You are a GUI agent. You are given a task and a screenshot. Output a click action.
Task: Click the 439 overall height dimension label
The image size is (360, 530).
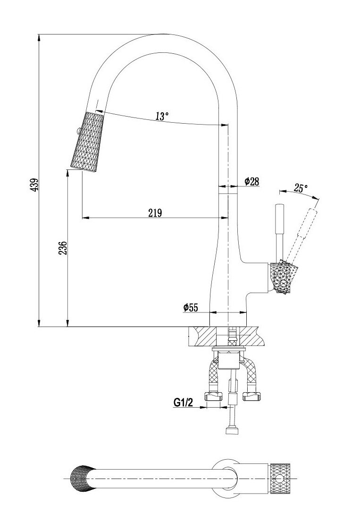[x=34, y=184]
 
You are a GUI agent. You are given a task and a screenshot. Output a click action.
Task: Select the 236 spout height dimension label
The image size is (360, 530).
[x=63, y=248]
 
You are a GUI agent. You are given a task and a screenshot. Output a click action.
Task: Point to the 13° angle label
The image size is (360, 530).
[x=162, y=116]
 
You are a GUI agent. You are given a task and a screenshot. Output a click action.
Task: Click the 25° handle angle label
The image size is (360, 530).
[x=301, y=188]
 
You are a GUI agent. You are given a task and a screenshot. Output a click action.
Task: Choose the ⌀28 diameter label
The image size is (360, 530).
[x=252, y=182]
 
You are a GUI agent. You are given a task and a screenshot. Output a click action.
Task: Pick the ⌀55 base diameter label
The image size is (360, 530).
[x=191, y=307]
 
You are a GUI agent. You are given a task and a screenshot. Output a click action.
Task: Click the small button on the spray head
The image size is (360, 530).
[x=77, y=130]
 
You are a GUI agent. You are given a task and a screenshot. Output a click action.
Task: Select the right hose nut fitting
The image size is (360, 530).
[x=252, y=395]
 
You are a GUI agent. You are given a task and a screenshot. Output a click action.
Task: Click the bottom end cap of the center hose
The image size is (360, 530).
[x=232, y=430]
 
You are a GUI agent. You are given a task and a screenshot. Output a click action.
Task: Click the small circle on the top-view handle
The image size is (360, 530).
[x=279, y=479]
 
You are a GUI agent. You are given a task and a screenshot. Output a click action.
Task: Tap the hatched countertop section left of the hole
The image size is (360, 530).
[x=202, y=337]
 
